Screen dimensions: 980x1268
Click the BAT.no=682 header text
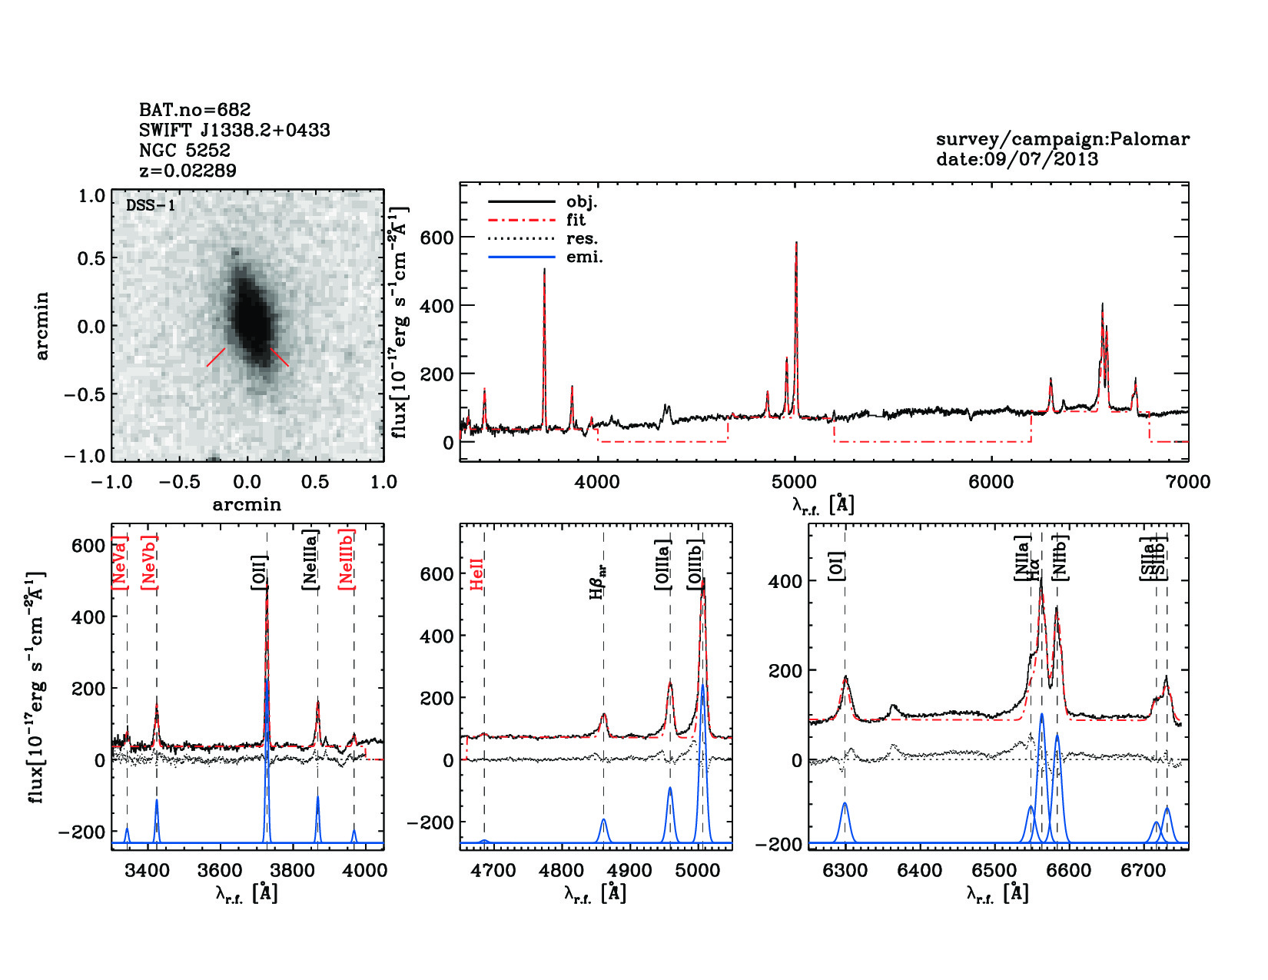click(194, 110)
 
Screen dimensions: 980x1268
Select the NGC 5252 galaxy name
click(184, 150)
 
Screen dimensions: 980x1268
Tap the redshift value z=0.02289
click(188, 170)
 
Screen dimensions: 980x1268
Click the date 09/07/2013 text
click(1017, 159)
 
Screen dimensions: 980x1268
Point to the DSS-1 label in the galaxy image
click(151, 205)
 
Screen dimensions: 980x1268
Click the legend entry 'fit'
click(576, 220)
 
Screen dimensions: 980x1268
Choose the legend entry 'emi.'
click(584, 257)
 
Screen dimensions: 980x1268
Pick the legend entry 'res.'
click(582, 238)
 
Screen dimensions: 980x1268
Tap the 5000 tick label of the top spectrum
click(795, 482)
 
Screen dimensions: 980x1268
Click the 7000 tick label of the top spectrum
click(1188, 482)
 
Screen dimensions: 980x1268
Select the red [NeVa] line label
click(120, 563)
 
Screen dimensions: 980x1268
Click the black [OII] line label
click(259, 573)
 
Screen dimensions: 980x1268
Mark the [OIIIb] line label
click(695, 565)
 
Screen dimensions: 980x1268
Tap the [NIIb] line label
click(1061, 557)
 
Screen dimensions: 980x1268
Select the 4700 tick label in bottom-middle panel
click(493, 870)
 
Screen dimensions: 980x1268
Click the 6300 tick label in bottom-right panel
click(845, 870)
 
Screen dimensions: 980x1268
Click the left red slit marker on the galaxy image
click(216, 357)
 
